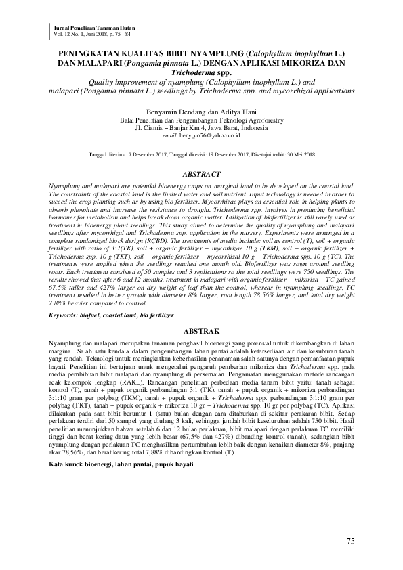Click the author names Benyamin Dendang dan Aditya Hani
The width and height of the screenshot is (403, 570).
tap(200, 110)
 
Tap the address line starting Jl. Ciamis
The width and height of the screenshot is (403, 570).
tap(200, 127)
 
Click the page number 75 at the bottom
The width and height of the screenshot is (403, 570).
tap(350, 541)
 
